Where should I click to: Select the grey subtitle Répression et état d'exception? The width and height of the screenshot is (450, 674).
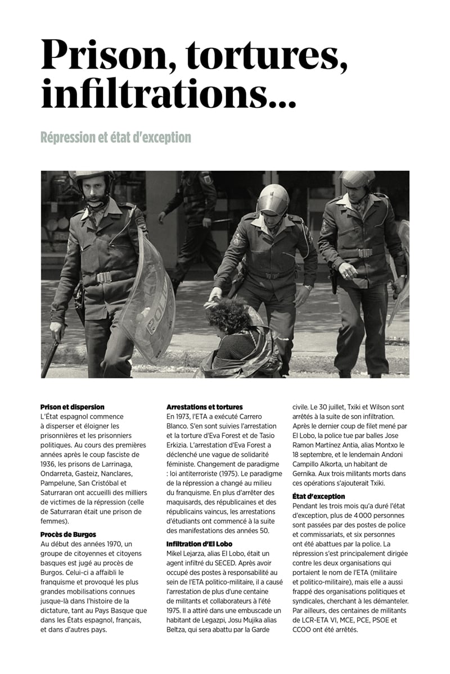click(x=116, y=137)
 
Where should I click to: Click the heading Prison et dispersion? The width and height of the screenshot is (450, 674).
click(x=73, y=407)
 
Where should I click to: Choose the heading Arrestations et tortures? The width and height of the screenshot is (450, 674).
click(x=205, y=407)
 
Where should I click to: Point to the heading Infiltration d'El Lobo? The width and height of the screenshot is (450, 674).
click(x=200, y=544)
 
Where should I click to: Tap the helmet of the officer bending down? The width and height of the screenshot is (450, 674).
click(x=272, y=199)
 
